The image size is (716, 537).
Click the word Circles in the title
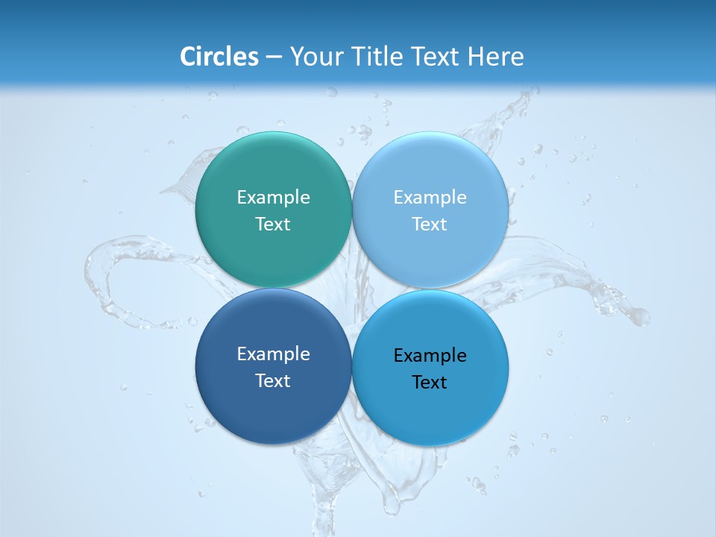tap(219, 57)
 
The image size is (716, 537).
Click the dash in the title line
tap(273, 57)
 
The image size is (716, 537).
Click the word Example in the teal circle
tap(273, 198)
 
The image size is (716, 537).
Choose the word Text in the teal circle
tap(273, 224)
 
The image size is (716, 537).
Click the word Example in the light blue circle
tap(430, 198)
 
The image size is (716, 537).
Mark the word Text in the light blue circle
tap(430, 224)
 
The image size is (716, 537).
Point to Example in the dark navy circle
tap(273, 354)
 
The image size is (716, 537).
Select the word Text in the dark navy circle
tap(273, 380)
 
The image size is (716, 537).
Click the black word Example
tap(430, 356)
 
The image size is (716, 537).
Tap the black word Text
tap(430, 382)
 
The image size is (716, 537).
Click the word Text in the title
tap(436, 57)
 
